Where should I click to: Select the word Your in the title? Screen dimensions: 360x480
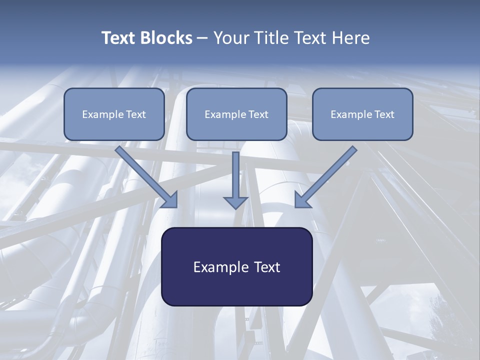point(232,38)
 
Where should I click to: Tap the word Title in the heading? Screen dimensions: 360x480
point(273,38)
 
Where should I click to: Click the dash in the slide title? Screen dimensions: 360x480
point(202,38)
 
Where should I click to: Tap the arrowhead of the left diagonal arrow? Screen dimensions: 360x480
point(170,200)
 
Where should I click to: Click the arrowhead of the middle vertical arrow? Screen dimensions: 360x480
point(235,202)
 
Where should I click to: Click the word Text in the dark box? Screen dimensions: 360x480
point(266,267)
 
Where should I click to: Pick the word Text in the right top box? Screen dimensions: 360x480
point(384,114)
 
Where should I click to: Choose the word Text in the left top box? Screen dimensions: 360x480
point(136,114)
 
